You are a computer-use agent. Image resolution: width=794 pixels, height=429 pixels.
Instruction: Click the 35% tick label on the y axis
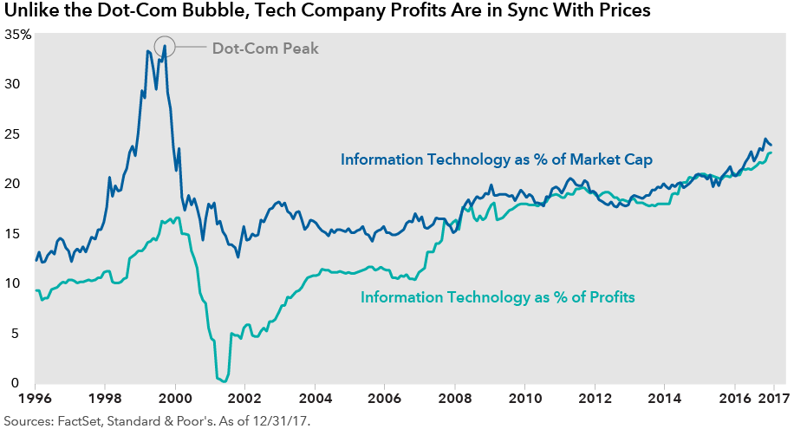pyautogui.click(x=18, y=34)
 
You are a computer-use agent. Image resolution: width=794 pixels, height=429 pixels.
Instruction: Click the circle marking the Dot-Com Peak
pyautogui.click(x=165, y=46)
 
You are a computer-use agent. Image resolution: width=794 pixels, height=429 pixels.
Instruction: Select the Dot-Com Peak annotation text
pyautogui.click(x=265, y=49)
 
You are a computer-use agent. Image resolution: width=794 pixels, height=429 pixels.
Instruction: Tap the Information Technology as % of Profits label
pyautogui.click(x=498, y=297)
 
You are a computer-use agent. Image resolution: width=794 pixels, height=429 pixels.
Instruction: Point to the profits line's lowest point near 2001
pyautogui.click(x=221, y=380)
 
